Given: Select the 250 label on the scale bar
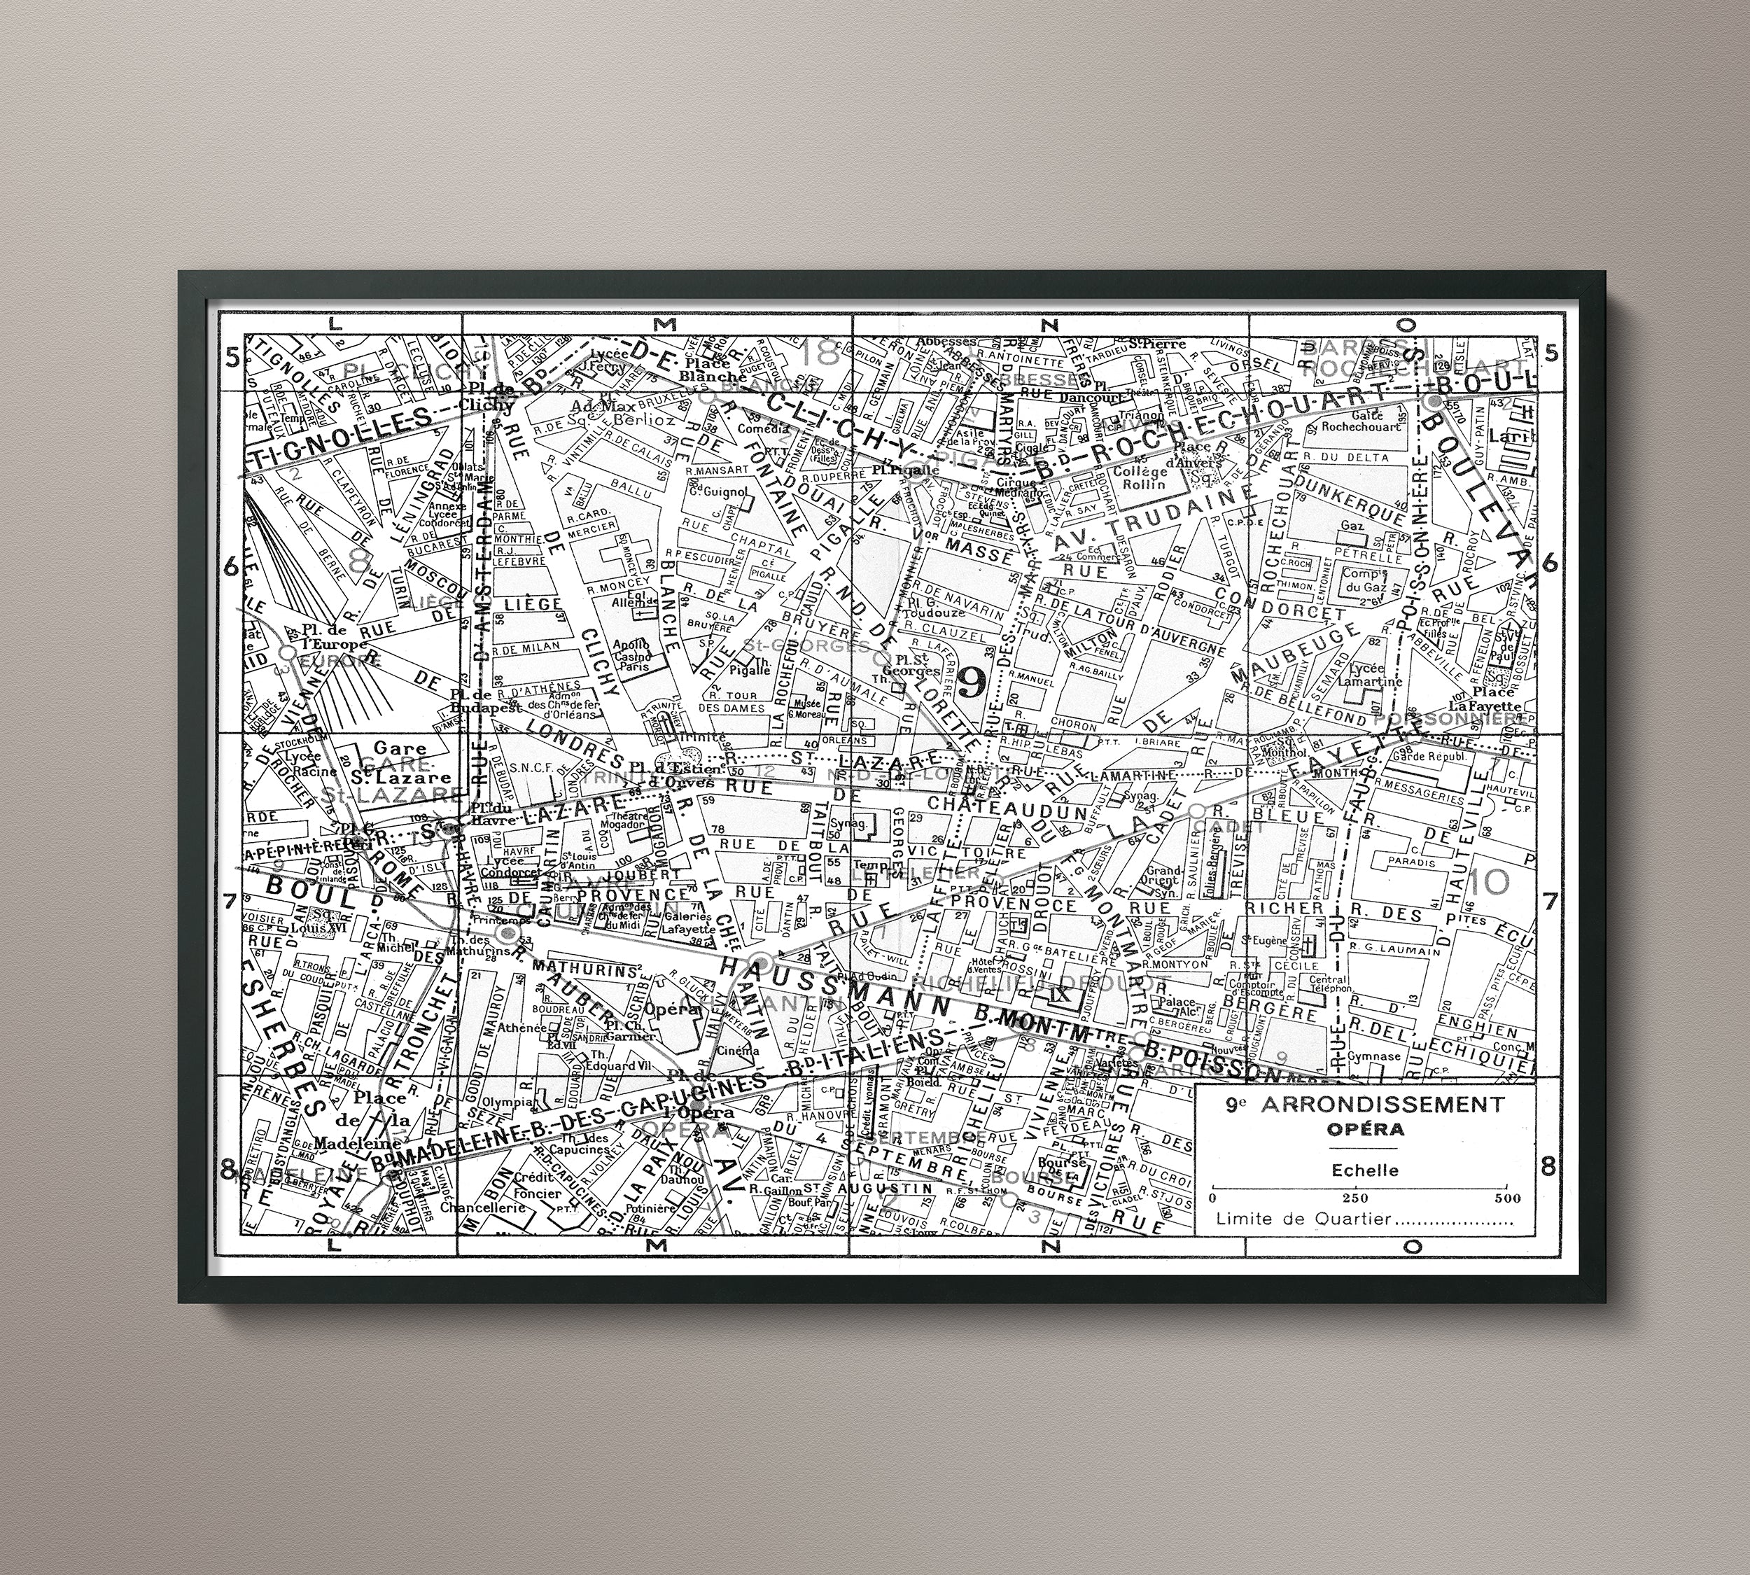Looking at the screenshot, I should click(x=1355, y=1198).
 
